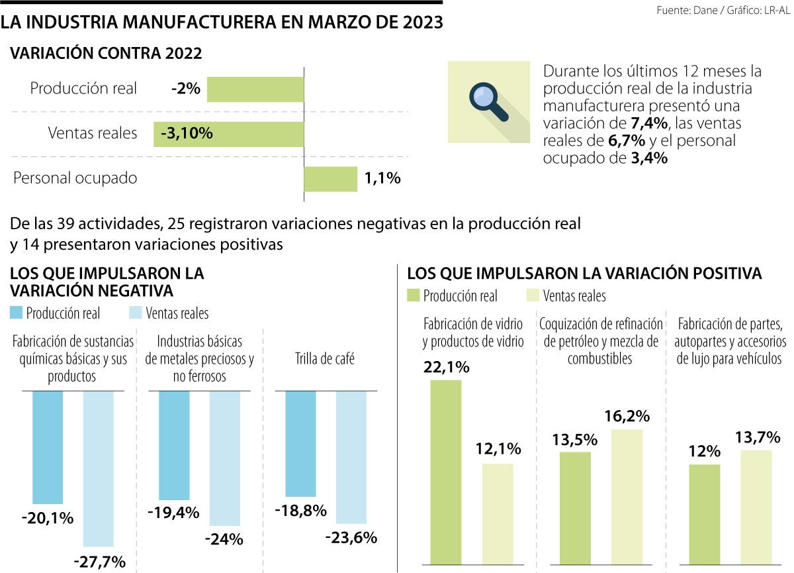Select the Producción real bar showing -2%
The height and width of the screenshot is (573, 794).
255,89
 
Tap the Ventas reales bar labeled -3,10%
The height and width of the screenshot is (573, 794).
228,133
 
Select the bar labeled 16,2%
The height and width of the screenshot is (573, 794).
627,496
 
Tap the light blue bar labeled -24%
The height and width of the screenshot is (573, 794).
224,458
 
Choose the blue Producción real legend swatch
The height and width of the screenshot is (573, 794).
17,313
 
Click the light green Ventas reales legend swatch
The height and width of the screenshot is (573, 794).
533,295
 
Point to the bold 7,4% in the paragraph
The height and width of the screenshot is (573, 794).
651,123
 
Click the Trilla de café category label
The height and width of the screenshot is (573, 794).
324,359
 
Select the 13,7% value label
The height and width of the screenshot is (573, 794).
758,437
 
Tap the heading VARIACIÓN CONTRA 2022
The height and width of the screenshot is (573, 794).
106,54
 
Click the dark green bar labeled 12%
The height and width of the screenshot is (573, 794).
704,514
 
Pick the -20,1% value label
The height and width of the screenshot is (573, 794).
48,518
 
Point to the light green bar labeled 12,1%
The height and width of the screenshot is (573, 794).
497,513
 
